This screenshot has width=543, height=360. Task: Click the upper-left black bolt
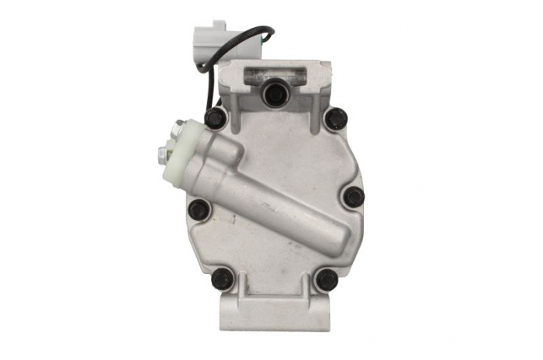(216, 118)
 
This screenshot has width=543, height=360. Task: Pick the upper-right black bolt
(336, 118)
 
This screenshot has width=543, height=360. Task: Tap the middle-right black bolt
(353, 196)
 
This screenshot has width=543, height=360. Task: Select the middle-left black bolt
(199, 209)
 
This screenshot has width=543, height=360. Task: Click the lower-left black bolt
(222, 278)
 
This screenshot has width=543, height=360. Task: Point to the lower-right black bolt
(327, 279)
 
